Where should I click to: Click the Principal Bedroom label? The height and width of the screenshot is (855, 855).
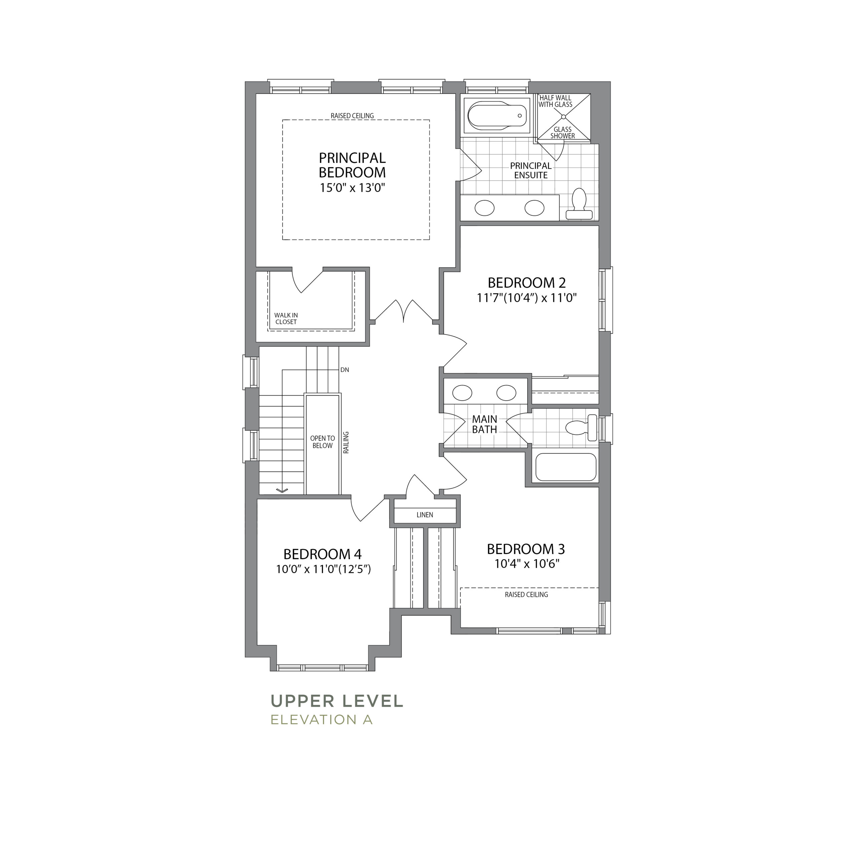click(x=352, y=165)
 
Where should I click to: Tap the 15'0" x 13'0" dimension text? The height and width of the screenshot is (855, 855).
click(x=353, y=188)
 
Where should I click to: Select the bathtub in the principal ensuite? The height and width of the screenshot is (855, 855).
click(x=497, y=116)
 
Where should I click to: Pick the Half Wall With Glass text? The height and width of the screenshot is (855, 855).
click(x=555, y=101)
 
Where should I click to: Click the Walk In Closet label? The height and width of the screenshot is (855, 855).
click(x=286, y=319)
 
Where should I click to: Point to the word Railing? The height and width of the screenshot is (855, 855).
click(x=346, y=443)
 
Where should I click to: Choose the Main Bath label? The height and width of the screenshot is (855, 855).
click(x=485, y=424)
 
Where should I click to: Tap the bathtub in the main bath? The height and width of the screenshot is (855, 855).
click(x=566, y=467)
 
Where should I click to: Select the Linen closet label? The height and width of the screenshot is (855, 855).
click(x=425, y=515)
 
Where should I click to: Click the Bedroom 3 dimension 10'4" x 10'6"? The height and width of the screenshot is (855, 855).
click(x=527, y=564)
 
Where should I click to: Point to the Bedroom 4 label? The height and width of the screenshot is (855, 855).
click(x=323, y=554)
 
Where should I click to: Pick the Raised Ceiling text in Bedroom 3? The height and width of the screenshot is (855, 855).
click(x=527, y=595)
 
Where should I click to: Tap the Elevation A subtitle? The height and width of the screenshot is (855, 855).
click(x=322, y=720)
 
